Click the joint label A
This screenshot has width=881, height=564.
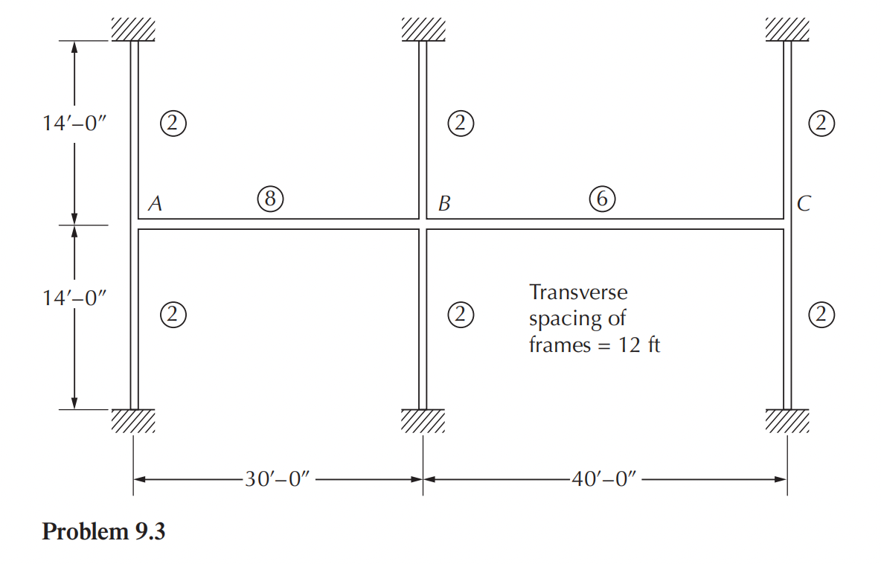coord(155,203)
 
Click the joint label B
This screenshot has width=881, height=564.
coord(444,203)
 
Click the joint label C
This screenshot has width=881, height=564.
coord(802,203)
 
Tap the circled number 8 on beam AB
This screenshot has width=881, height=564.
coord(269,198)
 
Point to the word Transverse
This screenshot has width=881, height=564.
coord(577,292)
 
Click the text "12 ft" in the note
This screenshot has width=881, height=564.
coord(639,346)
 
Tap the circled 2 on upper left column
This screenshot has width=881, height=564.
coord(172,123)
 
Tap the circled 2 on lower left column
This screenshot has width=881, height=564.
coord(172,315)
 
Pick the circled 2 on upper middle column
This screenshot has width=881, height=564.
coord(461,123)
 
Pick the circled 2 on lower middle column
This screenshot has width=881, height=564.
coord(461,315)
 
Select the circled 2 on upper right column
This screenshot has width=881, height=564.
coord(821,123)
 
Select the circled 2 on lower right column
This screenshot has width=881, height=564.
coord(821,315)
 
